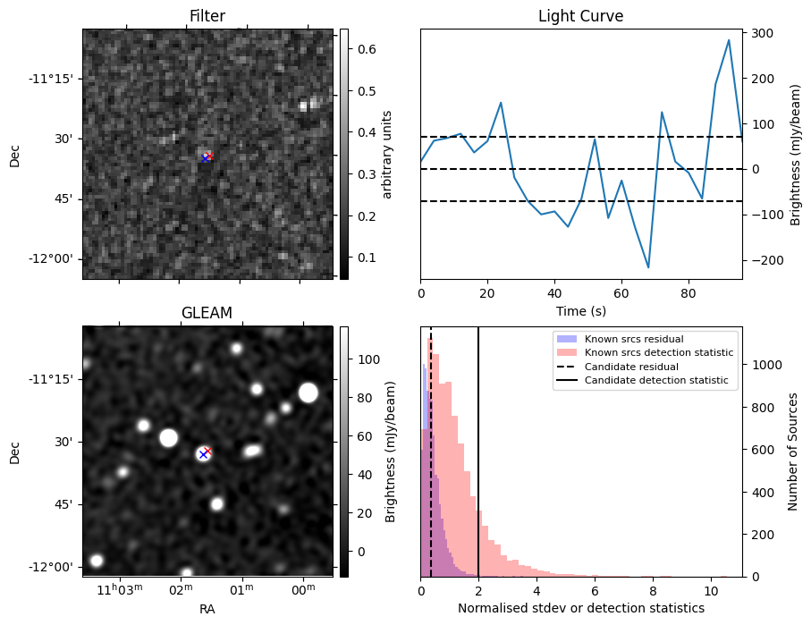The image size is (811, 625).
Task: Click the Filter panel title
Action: pyautogui.click(x=207, y=16)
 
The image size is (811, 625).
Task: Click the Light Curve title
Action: pyautogui.click(x=580, y=16)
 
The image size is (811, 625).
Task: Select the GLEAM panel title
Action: pyautogui.click(x=207, y=313)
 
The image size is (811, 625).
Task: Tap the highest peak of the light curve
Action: pyautogui.click(x=729, y=40)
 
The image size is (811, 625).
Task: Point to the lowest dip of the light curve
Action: pyautogui.click(x=648, y=267)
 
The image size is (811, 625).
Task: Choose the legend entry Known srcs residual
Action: pyautogui.click(x=633, y=339)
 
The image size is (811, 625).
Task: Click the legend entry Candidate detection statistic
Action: pyautogui.click(x=655, y=381)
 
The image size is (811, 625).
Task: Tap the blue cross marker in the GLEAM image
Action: pyautogui.click(x=203, y=454)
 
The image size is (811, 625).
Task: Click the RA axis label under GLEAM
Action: pyautogui.click(x=207, y=608)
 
